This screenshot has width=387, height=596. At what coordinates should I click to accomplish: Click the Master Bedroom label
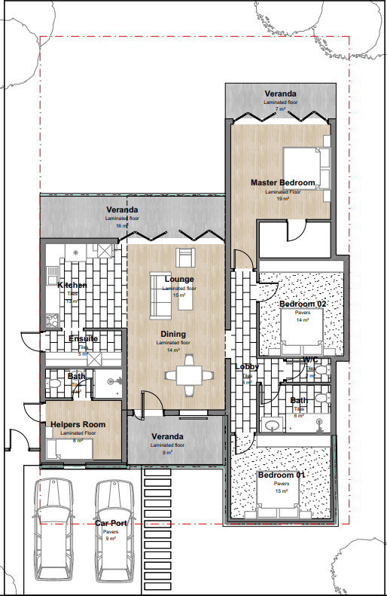point(282,183)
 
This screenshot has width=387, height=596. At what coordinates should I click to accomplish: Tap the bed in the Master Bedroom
point(306,167)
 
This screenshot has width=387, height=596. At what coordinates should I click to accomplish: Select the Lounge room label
point(179,280)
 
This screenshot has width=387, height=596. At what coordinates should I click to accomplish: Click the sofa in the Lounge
point(159,295)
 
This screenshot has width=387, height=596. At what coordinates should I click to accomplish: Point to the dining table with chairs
point(188,374)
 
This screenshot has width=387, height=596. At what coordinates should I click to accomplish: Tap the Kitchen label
point(72,285)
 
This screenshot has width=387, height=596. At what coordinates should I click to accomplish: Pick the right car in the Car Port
point(111,527)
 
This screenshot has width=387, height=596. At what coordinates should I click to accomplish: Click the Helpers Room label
point(78,425)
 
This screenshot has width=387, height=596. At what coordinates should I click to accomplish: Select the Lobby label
point(247,367)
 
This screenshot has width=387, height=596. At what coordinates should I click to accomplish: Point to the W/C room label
point(311,360)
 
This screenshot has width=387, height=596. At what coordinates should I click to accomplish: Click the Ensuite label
point(83,338)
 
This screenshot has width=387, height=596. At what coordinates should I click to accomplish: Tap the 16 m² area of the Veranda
point(121,225)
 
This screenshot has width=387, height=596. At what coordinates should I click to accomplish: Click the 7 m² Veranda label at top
point(280,110)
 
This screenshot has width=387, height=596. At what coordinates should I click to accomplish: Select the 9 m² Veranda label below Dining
point(167,452)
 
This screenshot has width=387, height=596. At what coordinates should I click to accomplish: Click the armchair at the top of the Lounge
point(185,256)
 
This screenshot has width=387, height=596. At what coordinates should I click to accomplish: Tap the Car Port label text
point(109,522)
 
